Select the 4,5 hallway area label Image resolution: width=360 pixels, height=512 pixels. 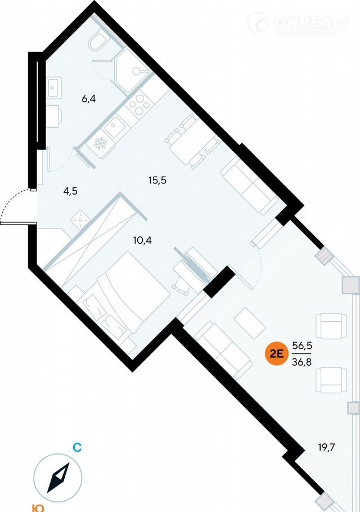point(70,191)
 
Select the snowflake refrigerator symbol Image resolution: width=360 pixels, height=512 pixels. point(100,144)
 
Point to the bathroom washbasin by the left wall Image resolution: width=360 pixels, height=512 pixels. point(55,87)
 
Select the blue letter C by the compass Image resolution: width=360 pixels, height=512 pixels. point(78,448)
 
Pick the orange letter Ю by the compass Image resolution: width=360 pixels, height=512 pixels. point(38,507)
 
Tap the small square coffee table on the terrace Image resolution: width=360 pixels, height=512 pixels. point(249,322)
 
